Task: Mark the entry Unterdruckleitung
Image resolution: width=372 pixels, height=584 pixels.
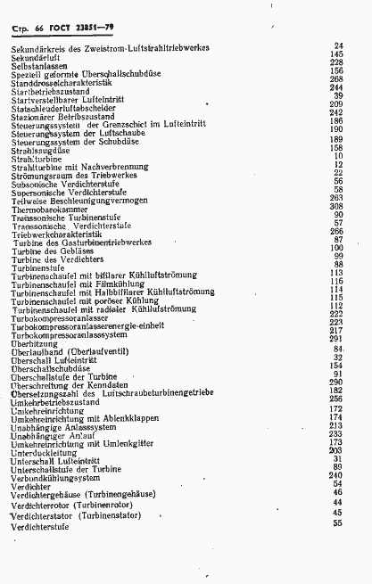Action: (x=47, y=452)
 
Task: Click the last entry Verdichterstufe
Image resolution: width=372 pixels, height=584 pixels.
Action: (x=41, y=526)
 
